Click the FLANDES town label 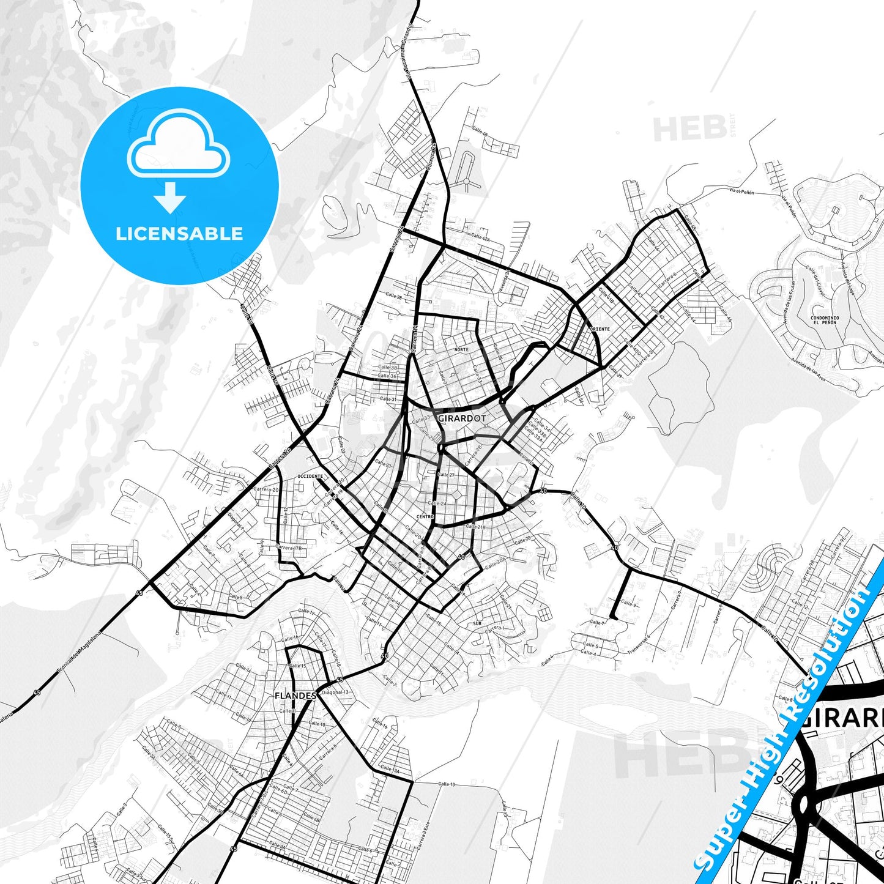(x=295, y=696)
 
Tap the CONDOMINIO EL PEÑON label (x=825, y=320)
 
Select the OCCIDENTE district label (x=310, y=476)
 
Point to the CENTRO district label (x=425, y=517)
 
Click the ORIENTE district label (x=600, y=329)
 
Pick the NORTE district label (x=461, y=350)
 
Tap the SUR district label (x=478, y=623)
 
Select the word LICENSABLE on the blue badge (x=179, y=234)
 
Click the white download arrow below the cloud (x=171, y=197)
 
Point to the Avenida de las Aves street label (x=808, y=370)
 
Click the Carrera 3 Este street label (x=423, y=833)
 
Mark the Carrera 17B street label (x=290, y=548)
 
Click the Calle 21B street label (x=475, y=526)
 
